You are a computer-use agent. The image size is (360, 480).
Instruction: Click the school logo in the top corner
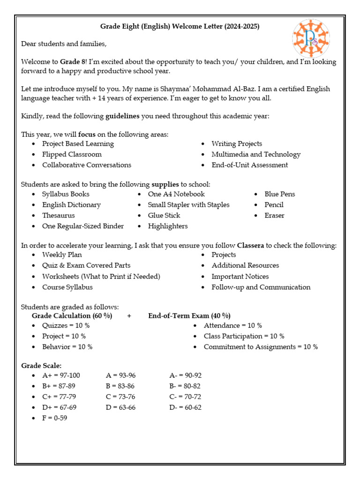pos(311,38)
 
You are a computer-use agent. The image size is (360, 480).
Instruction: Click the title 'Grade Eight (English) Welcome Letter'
pos(180,27)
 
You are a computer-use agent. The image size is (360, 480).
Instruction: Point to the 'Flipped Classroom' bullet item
pos(72,154)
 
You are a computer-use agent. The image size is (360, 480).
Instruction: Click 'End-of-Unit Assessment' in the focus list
pos(249,165)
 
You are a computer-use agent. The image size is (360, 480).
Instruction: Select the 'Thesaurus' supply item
pos(59,216)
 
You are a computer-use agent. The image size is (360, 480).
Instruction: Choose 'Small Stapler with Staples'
pos(188,205)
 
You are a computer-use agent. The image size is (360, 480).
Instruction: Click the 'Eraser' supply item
pos(274,216)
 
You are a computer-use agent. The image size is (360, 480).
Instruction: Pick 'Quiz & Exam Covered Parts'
pos(86,265)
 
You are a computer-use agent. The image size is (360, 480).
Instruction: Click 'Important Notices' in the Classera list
pos(240,277)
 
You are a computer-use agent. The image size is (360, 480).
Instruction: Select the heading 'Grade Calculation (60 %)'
pos(72,316)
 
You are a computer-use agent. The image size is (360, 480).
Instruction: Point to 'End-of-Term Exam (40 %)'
pos(189,316)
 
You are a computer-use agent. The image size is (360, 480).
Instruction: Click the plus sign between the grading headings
pos(129,316)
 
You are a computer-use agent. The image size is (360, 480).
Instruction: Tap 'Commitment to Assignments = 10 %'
pos(261,347)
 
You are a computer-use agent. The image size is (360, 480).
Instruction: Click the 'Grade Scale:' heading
pos(41,366)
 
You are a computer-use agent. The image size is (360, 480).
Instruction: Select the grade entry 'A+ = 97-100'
pos(61,375)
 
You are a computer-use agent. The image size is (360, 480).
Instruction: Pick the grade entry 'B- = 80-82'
pos(185,386)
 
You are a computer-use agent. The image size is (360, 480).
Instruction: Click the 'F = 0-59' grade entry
pos(54,418)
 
